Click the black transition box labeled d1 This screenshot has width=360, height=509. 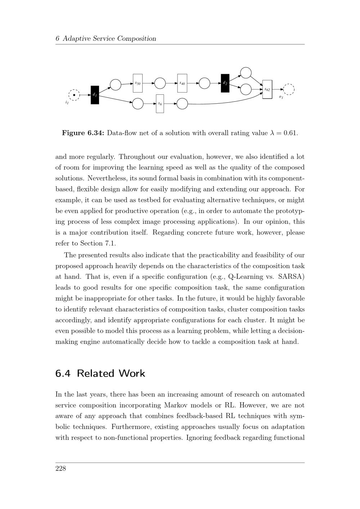pyautogui.click(x=95, y=95)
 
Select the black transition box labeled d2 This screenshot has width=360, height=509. pyautogui.click(x=225, y=83)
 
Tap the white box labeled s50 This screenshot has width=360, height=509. pyautogui.click(x=138, y=83)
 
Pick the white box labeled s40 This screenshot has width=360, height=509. pyautogui.click(x=182, y=83)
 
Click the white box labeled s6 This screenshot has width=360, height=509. pyautogui.click(x=160, y=104)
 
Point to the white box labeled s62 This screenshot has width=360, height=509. pyautogui.click(x=267, y=89)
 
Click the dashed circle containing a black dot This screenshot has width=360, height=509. pyautogui.click(x=74, y=95)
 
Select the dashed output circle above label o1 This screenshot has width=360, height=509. pyautogui.click(x=289, y=89)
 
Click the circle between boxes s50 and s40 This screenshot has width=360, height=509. pyautogui.click(x=160, y=83)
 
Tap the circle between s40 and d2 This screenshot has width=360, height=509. pyautogui.click(x=204, y=83)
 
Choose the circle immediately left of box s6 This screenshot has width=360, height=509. pyautogui.click(x=138, y=104)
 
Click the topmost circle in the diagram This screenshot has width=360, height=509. pyautogui.click(x=246, y=73)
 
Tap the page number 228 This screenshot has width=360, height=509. pyautogui.click(x=60, y=468)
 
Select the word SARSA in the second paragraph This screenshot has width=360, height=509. pyautogui.click(x=291, y=277)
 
